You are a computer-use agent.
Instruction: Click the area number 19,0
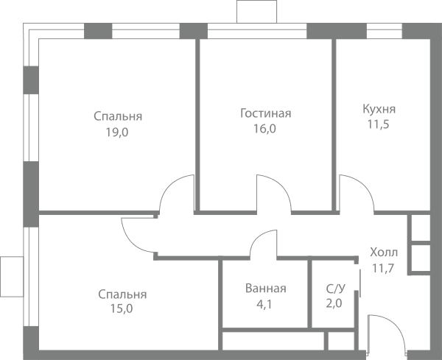point(117,132)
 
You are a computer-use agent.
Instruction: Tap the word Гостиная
point(265,113)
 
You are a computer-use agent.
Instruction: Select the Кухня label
point(379,109)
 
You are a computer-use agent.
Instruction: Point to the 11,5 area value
point(379,124)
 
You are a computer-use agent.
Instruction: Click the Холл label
point(384,252)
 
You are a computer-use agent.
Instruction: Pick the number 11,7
point(383,268)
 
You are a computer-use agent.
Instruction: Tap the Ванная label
point(265,289)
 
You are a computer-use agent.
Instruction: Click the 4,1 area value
point(264,304)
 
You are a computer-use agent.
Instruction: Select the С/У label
point(335,289)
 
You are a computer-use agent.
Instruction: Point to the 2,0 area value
point(334,303)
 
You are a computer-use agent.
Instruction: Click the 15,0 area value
point(122,308)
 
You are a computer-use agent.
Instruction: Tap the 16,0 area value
point(264,129)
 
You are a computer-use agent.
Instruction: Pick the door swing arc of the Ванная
point(258,237)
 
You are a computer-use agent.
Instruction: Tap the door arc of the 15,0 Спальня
point(131,241)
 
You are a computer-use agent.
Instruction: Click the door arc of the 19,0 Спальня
point(169,186)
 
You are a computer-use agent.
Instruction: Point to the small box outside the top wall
point(256,12)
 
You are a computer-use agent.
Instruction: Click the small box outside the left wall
point(12,277)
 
